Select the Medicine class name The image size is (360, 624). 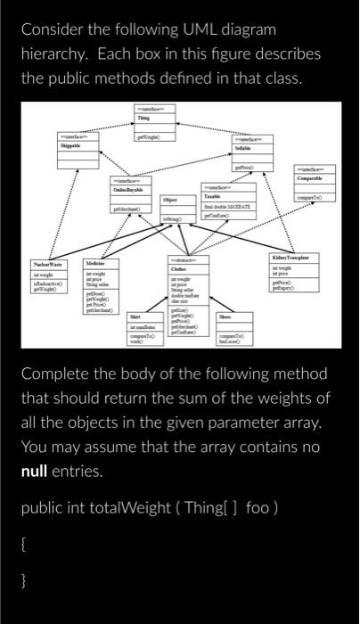click(x=96, y=265)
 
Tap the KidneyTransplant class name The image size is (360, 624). click(x=298, y=257)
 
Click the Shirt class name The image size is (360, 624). click(x=136, y=316)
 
